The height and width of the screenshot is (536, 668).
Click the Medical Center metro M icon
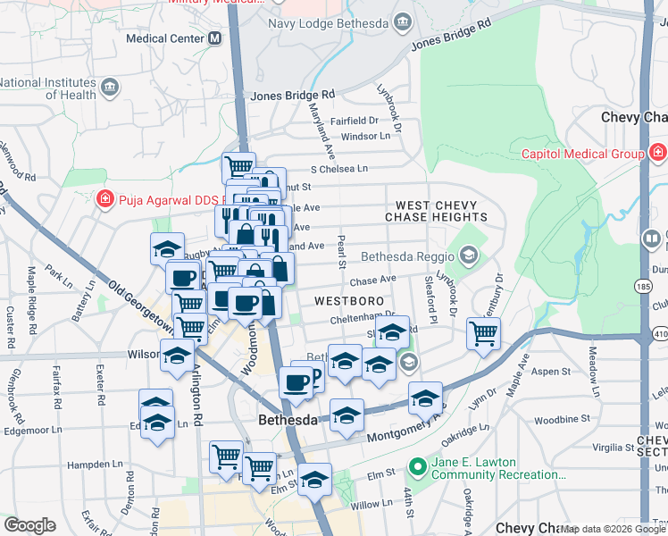(214, 38)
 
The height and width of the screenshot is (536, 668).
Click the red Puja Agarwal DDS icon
(105, 198)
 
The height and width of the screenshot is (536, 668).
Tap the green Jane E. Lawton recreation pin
(416, 467)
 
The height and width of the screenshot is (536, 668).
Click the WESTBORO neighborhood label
(348, 302)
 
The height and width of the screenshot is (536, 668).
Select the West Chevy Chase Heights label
(436, 211)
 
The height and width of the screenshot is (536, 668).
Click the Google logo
(29, 525)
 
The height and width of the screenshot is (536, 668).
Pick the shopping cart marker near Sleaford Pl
(483, 334)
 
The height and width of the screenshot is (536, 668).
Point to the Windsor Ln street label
(366, 137)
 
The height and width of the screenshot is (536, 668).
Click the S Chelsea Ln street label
(338, 169)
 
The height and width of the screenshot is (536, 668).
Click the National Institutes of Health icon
(110, 87)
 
